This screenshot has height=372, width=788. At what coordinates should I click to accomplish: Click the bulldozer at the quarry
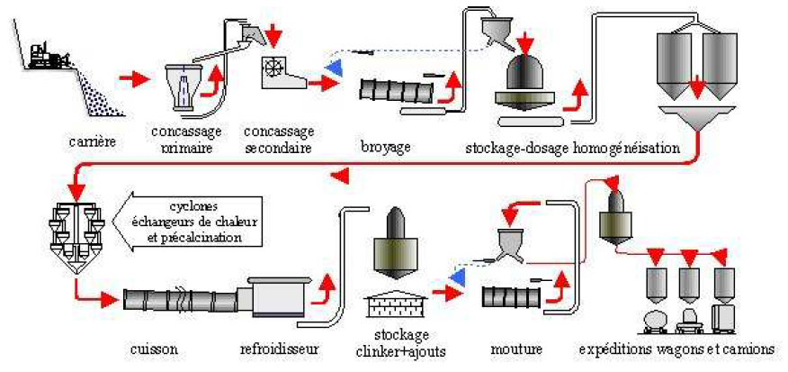(48, 55)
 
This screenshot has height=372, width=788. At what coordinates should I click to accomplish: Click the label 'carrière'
(93, 141)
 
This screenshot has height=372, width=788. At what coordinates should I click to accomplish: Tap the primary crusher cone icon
(184, 87)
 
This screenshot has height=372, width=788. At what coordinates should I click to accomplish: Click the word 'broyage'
(386, 147)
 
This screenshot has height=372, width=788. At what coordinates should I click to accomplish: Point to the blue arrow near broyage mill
(334, 67)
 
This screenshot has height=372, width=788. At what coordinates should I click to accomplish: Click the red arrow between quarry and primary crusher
(135, 79)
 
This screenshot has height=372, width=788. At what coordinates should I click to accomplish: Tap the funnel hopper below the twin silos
(697, 117)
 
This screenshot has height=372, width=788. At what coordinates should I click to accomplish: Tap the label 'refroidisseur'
(279, 349)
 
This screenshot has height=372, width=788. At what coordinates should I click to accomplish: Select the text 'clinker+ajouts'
(401, 351)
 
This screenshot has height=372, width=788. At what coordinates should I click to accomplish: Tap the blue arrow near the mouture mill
(456, 275)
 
